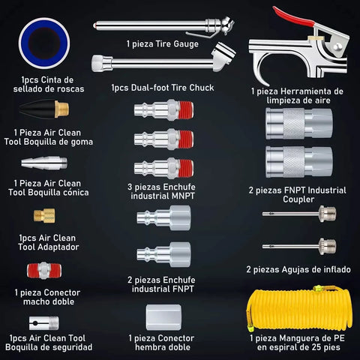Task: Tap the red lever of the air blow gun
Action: coord(292,17)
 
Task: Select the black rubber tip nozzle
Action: coord(37,109)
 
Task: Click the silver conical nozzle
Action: coord(44,163)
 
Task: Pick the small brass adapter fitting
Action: coord(44,215)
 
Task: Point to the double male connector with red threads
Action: coord(44,270)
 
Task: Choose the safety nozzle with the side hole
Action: coord(44,323)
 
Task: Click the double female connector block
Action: coord(163,317)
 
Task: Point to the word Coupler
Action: coord(298,199)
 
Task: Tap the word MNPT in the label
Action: coord(181,196)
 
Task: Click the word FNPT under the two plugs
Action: coord(181,289)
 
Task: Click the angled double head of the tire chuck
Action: coord(223,56)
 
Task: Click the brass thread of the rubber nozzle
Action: coord(61,109)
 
